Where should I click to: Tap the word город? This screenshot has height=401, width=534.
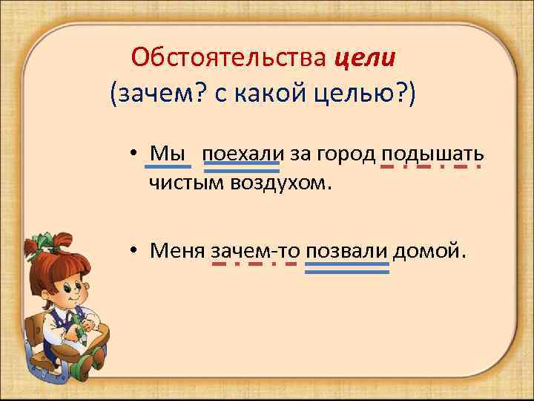click(349, 153)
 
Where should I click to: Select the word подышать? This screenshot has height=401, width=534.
click(433, 153)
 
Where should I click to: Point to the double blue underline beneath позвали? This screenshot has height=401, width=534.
click(347, 268)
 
